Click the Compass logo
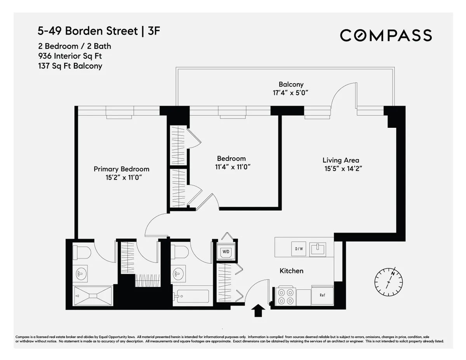386,35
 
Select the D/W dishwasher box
299,249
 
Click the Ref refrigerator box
322,295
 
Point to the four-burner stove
286,296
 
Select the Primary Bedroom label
122,169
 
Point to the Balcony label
291,84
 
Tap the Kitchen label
291,271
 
